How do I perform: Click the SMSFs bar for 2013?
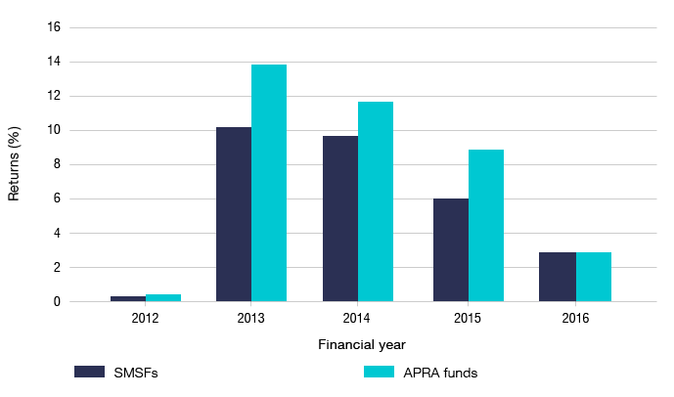pos(234,214)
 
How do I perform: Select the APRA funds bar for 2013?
pos(269,183)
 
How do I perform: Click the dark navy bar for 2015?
pos(451,249)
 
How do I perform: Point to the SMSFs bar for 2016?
pos(558,277)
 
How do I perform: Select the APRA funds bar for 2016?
pos(593,277)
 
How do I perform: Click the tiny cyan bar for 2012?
pos(163,297)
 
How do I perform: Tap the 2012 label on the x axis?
pos(146,317)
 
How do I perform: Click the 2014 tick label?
pos(358,317)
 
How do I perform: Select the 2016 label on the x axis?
pos(575,317)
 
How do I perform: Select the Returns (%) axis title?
pos(15,164)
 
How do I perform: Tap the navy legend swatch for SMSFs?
pos(90,372)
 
